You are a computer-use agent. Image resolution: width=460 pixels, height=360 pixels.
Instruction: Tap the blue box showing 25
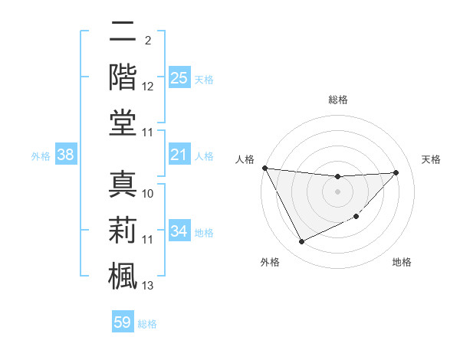179,78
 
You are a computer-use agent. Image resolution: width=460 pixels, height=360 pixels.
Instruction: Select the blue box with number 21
179,155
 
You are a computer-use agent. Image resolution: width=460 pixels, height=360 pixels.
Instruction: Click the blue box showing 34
179,231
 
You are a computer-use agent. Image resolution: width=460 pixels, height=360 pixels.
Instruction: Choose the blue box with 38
66,155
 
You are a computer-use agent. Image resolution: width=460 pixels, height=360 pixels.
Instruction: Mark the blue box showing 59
123,322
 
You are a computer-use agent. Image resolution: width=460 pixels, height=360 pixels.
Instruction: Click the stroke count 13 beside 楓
148,286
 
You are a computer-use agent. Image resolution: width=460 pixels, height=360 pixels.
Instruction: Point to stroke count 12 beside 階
148,87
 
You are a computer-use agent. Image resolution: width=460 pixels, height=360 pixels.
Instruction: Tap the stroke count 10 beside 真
148,193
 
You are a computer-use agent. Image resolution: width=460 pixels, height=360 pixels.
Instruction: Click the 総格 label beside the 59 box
147,324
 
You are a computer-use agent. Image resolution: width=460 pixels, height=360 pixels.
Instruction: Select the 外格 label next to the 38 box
41,156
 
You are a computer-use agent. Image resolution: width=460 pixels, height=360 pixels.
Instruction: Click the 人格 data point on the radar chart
264,168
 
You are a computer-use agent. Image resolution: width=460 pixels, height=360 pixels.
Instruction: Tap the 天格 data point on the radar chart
396,172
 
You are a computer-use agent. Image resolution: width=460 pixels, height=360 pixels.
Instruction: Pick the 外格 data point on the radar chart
301,242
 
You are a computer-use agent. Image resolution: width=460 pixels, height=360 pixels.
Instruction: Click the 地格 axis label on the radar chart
402,262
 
